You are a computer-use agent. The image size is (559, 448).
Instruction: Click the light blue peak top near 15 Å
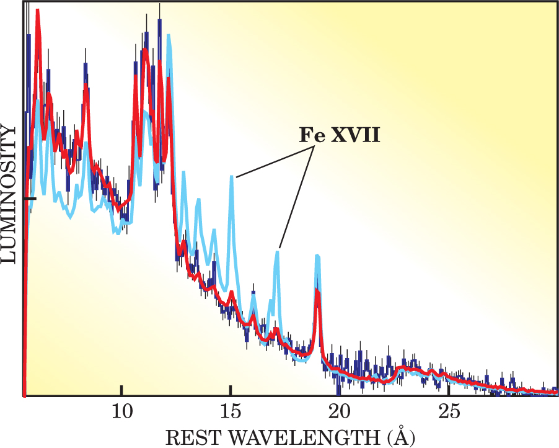(232, 177)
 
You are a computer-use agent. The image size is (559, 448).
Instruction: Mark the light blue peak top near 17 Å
(278, 251)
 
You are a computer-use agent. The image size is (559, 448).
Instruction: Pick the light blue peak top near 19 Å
(317, 256)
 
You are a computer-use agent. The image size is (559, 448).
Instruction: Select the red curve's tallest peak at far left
(38, 11)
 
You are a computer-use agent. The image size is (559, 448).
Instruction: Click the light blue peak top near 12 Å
(169, 36)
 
